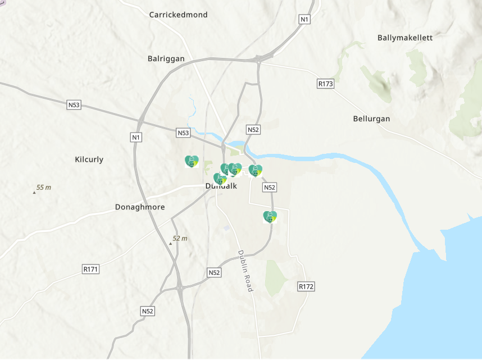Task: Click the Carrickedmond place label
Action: coord(178,15)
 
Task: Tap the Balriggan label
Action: coord(166,58)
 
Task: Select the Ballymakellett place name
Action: coord(405,38)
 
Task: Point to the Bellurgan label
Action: coord(371,119)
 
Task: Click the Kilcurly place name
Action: coord(89,160)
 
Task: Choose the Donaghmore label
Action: coord(140,207)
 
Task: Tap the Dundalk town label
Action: coord(221,186)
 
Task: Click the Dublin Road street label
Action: coord(245,271)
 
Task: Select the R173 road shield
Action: coord(325,84)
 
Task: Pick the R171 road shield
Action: coord(90,270)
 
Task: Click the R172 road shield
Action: coord(306,286)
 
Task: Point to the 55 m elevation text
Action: coord(44,187)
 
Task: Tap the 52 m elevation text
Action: coord(180,238)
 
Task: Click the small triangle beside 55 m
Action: coord(34,192)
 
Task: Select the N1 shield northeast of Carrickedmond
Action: coord(304,19)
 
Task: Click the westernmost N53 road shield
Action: coord(74,105)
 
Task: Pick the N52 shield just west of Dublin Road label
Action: coord(214,272)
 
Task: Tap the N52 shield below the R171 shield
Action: coord(147,311)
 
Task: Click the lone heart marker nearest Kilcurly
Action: coord(192,162)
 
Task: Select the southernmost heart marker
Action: coord(270,217)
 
